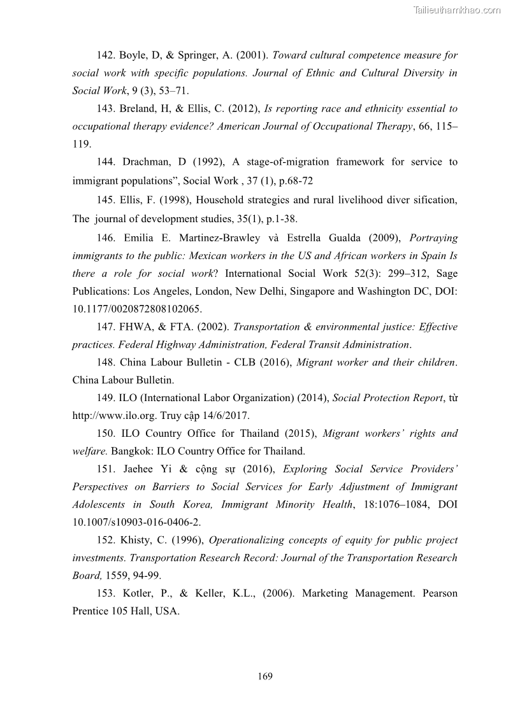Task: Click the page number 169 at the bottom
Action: pos(265,676)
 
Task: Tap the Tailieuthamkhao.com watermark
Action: pos(457,10)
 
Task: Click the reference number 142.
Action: pos(105,55)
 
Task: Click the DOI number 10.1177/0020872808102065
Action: pos(136,309)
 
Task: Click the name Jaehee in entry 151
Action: pos(136,469)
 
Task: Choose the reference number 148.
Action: pos(105,363)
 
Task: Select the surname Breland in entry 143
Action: pos(140,109)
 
